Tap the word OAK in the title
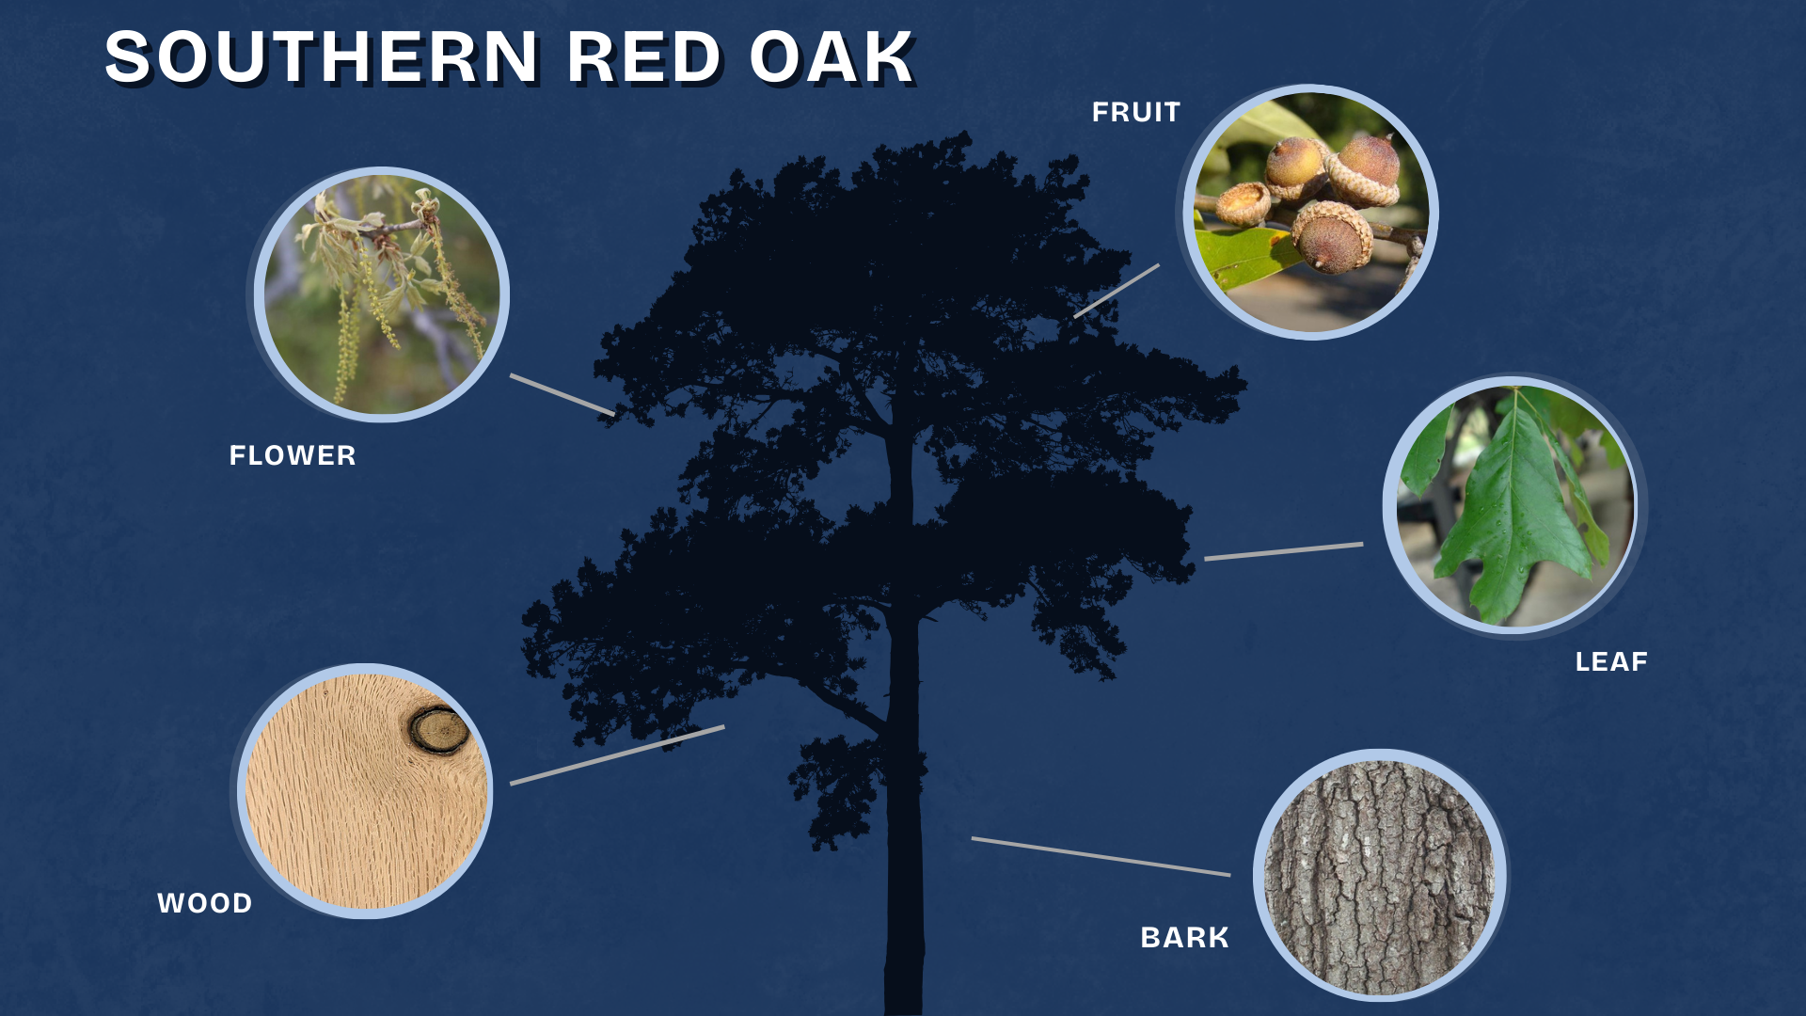pyautogui.click(x=832, y=57)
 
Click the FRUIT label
pyautogui.click(x=1136, y=113)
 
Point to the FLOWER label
pyautogui.click(x=293, y=456)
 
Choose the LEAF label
pyautogui.click(x=1611, y=662)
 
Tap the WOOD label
pyautogui.click(x=205, y=904)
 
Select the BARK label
pyautogui.click(x=1184, y=938)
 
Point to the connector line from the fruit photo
pyautogui.click(x=1117, y=291)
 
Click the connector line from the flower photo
pyautogui.click(x=562, y=394)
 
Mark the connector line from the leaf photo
pyautogui.click(x=1284, y=551)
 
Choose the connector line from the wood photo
pyautogui.click(x=617, y=754)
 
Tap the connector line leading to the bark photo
pyautogui.click(x=1101, y=856)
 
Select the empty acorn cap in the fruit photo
pyautogui.click(x=1243, y=203)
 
